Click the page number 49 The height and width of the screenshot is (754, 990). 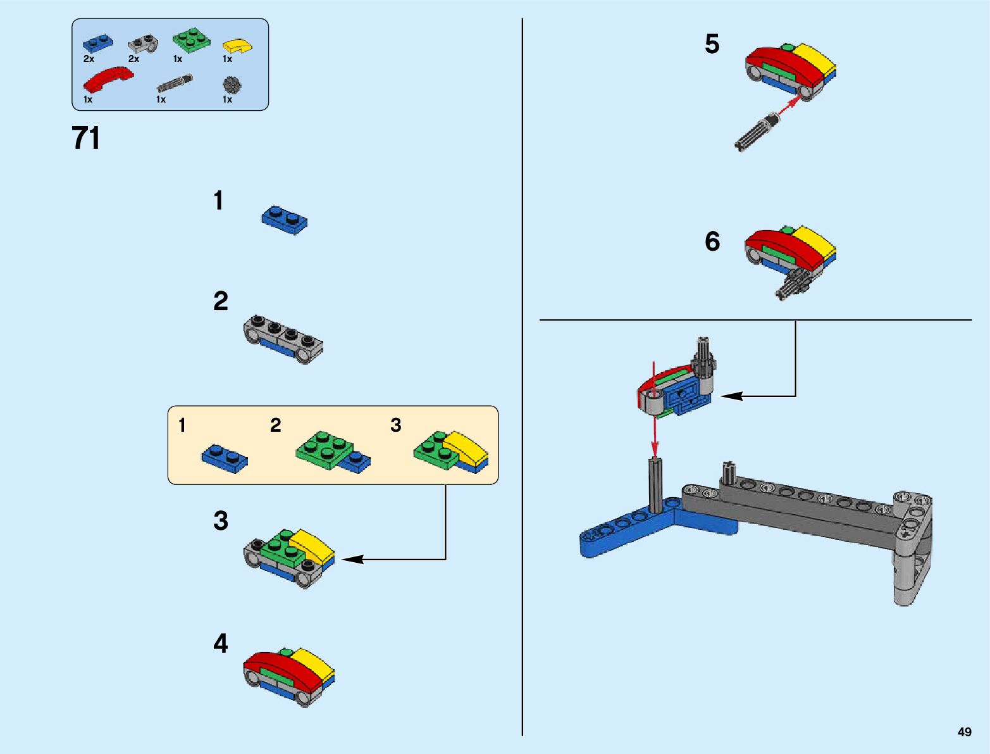(964, 732)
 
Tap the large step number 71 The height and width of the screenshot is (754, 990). (86, 138)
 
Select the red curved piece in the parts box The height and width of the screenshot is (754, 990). (108, 79)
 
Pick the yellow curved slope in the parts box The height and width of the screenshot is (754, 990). (237, 46)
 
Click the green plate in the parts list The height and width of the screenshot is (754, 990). (192, 40)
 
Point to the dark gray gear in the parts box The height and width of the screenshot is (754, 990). (232, 85)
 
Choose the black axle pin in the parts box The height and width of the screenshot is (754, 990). (175, 84)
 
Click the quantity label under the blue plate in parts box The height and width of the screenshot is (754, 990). (89, 59)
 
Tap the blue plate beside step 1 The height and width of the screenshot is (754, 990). (284, 219)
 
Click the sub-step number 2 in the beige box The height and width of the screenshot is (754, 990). (275, 425)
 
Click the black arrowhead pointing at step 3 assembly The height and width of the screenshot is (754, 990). (352, 559)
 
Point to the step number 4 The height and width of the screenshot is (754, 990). (220, 643)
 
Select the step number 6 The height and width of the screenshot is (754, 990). (712, 241)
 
